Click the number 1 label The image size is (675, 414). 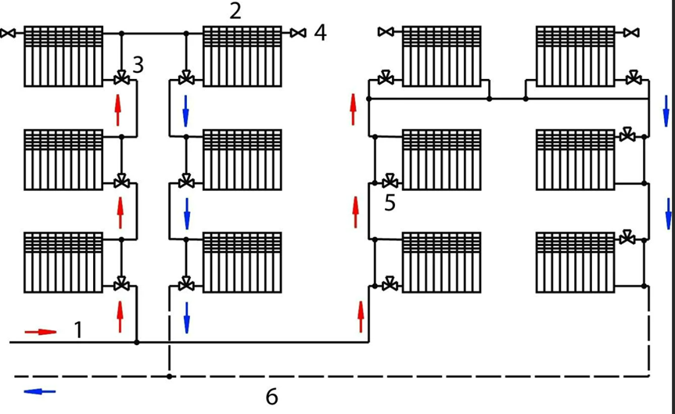(78, 330)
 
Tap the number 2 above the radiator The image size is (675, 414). (235, 11)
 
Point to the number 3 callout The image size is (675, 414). (138, 65)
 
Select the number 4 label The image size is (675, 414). (320, 32)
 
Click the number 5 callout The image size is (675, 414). (390, 203)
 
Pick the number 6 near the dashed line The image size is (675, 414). (271, 396)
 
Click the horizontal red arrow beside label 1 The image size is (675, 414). (41, 332)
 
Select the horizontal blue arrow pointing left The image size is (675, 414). (40, 391)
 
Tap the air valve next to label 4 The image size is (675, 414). (298, 33)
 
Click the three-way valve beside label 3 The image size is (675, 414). (121, 79)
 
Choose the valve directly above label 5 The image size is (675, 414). (390, 182)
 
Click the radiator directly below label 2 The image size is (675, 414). (242, 56)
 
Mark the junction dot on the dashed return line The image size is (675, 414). (170, 376)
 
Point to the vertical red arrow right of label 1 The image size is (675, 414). (120, 317)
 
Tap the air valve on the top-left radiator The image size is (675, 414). (8, 33)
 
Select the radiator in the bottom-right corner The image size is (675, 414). (576, 262)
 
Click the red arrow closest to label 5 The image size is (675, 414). (356, 212)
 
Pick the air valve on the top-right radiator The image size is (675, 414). (631, 32)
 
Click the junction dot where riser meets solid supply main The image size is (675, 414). (137, 343)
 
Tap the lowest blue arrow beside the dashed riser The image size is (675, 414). (186, 318)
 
